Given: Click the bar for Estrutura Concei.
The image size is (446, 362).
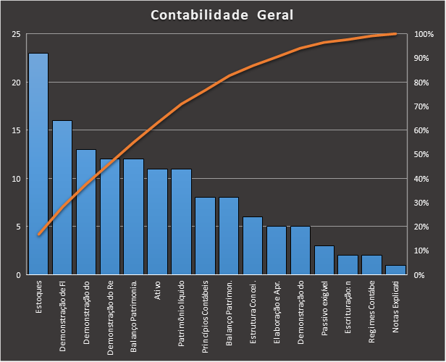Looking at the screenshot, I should [x=253, y=245].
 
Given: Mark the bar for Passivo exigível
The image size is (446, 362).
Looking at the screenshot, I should [x=324, y=260].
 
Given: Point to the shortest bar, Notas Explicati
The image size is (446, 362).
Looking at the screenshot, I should [x=395, y=270].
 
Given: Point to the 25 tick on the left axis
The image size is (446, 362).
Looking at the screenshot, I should [x=16, y=34].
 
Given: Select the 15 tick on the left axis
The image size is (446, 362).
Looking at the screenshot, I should [x=16, y=130].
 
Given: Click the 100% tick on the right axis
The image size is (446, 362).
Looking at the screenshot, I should [x=425, y=34].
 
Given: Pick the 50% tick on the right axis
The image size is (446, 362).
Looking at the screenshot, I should [x=425, y=154].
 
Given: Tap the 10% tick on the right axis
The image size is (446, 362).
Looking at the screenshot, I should [x=425, y=251].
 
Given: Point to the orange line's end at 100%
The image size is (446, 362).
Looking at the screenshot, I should [x=395, y=33].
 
